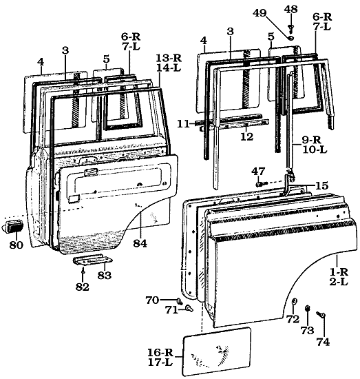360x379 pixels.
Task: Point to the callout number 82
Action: click(x=83, y=287)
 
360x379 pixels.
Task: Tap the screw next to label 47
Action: click(x=260, y=183)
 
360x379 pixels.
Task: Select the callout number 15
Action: click(x=322, y=185)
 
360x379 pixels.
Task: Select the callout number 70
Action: click(x=152, y=300)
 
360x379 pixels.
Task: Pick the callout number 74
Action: click(x=323, y=341)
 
